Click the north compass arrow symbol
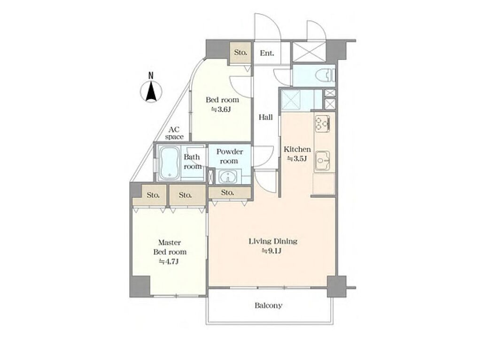click(151, 91)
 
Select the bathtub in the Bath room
click(169, 163)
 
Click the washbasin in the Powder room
click(227, 177)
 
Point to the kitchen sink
click(322, 161)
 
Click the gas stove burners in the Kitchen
click(322, 123)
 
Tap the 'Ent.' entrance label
click(267, 53)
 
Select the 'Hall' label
click(266, 117)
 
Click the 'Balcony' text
click(268, 306)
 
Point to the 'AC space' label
click(174, 133)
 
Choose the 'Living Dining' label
click(273, 241)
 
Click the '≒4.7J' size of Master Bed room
click(169, 261)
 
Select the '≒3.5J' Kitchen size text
click(297, 159)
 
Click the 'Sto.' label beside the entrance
click(240, 53)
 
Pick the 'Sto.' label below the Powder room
click(227, 192)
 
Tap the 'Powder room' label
click(229, 156)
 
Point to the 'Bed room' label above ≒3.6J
click(222, 100)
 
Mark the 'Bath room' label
click(192, 161)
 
